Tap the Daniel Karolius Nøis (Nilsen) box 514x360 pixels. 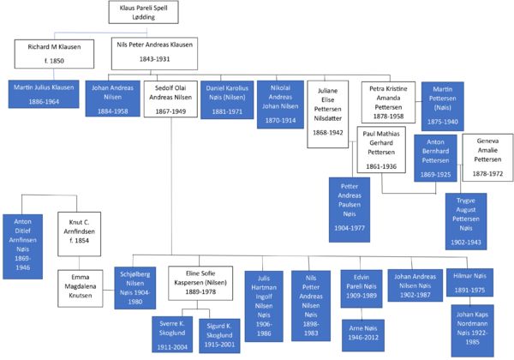[x=226, y=99]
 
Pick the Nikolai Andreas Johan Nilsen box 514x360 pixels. [x=280, y=104]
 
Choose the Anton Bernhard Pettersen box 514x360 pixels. [x=435, y=158]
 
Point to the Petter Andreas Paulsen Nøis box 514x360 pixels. [x=350, y=210]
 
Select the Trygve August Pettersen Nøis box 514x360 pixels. [x=465, y=221]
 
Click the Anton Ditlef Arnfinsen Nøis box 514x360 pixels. [x=23, y=246]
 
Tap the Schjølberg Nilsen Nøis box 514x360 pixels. [x=135, y=287]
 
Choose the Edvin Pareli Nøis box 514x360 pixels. [x=361, y=288]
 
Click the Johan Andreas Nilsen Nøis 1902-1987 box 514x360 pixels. [x=415, y=286]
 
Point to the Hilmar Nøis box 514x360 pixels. [x=469, y=282]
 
